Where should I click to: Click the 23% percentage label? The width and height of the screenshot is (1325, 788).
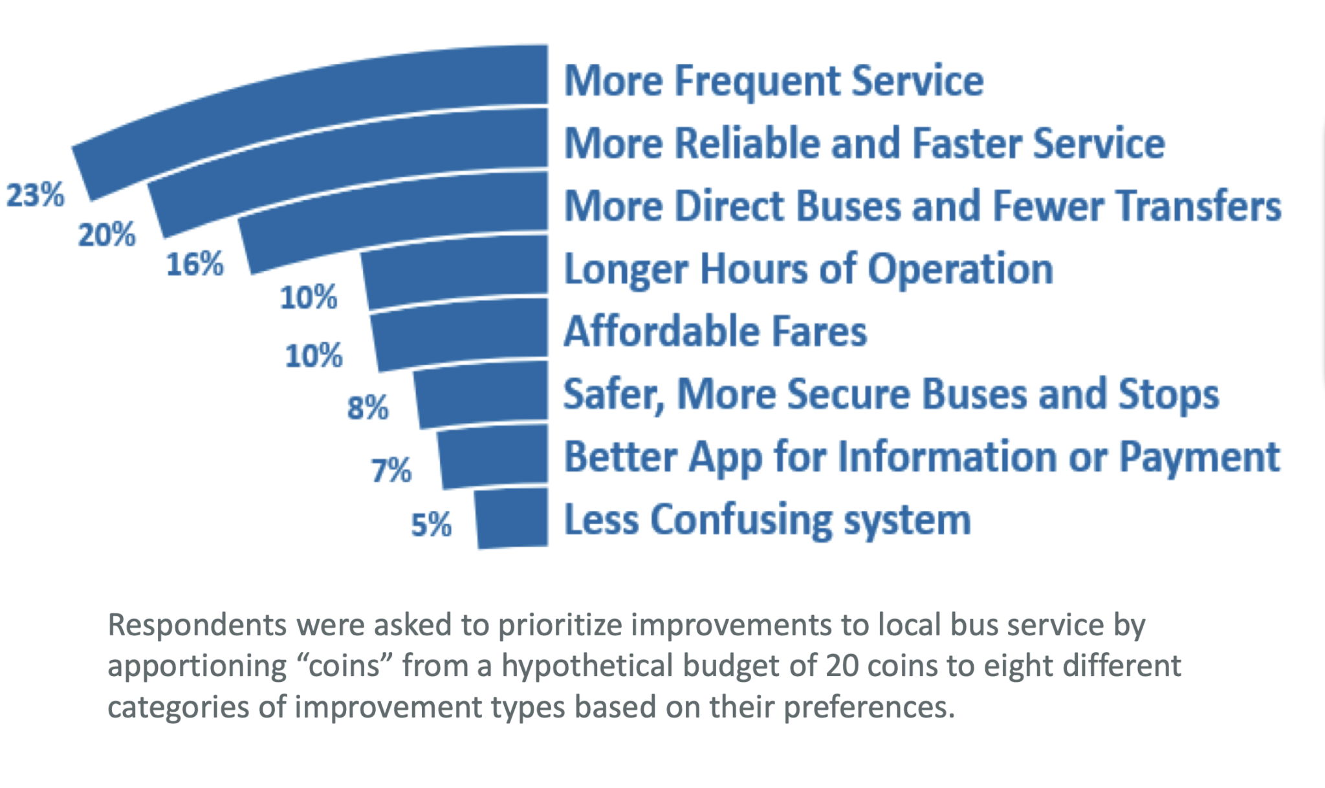[36, 195]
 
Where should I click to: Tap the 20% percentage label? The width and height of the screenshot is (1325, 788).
[107, 235]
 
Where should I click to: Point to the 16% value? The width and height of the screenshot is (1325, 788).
[195, 265]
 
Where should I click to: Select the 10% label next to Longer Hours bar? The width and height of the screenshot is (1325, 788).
[309, 298]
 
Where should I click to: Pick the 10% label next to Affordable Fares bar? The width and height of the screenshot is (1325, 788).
[314, 356]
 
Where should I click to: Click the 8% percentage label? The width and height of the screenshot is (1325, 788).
[367, 408]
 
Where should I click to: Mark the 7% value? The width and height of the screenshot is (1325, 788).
[391, 470]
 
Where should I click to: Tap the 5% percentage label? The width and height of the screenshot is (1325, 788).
[431, 525]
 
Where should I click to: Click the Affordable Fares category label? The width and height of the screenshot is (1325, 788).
[715, 332]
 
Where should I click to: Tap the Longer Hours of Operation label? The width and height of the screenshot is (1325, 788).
[808, 269]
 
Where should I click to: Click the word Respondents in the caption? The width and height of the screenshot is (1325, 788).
[197, 626]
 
